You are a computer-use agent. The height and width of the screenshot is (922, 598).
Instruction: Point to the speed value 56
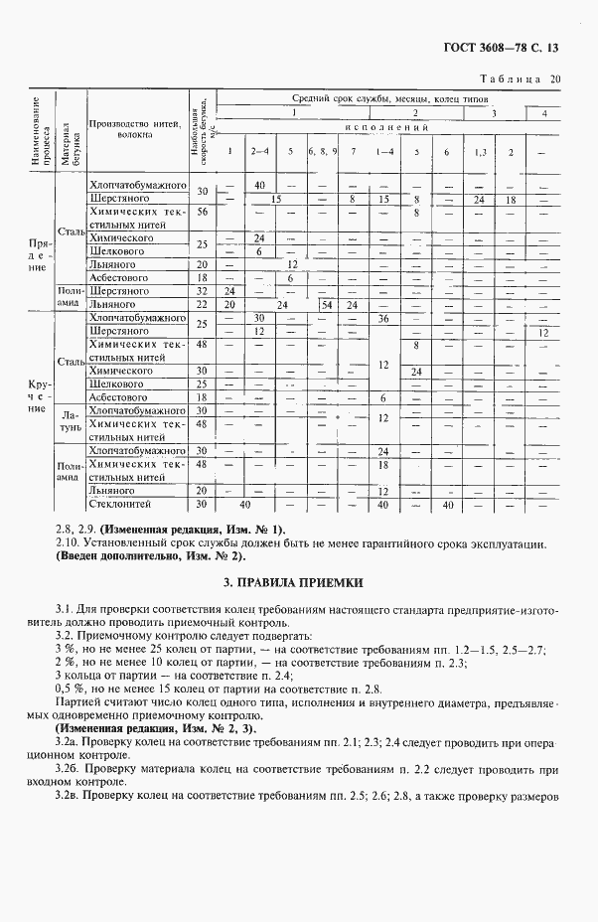coord(201,212)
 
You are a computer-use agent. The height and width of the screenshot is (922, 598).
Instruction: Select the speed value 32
coord(201,291)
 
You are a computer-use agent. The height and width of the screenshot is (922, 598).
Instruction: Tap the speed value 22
coord(201,305)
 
